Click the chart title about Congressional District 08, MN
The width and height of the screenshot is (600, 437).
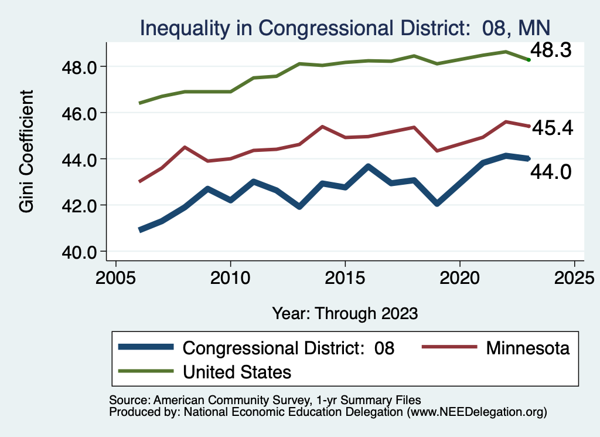click(344, 28)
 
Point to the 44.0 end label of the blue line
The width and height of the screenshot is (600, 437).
click(551, 172)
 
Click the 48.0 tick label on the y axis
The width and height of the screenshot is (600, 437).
click(79, 67)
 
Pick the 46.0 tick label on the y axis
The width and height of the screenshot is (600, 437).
click(79, 113)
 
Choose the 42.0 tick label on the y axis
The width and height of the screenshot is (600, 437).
click(79, 205)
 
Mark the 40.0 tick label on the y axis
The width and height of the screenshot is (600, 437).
click(79, 252)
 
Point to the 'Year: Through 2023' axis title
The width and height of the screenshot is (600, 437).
click(345, 313)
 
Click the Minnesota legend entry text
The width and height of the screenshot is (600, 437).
click(527, 348)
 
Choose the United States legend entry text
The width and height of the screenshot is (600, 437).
click(237, 371)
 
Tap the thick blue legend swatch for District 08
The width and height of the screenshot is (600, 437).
click(146, 348)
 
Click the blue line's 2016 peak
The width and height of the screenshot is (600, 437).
click(368, 167)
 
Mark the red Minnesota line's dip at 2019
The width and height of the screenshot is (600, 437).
click(437, 151)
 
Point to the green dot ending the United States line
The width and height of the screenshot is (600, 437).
click(529, 60)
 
